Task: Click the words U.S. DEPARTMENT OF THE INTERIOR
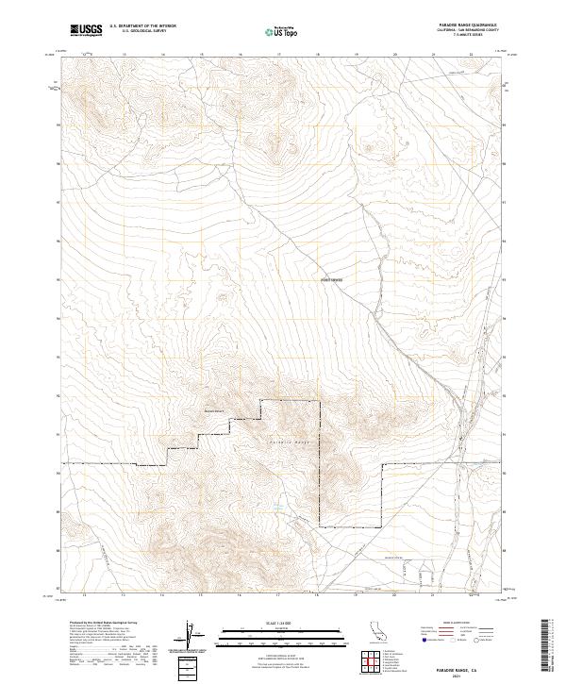[142, 26]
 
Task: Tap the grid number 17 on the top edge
[279, 54]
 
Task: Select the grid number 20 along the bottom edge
[395, 596]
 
